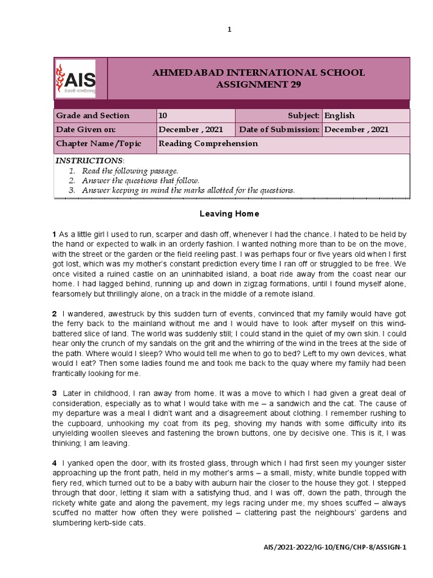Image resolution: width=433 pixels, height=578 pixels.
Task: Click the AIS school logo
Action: pyautogui.click(x=75, y=78)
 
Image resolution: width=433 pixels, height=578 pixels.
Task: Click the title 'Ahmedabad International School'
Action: pyautogui.click(x=259, y=73)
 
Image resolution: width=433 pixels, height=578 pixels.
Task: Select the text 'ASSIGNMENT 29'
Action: pyautogui.click(x=259, y=85)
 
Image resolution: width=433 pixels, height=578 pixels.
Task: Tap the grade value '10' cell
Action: pyautogui.click(x=163, y=116)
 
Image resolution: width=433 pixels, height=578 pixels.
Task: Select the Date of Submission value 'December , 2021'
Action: pyautogui.click(x=356, y=129)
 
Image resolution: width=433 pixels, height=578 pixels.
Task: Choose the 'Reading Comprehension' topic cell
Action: pyautogui.click(x=208, y=143)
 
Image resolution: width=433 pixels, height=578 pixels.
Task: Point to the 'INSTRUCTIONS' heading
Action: pyautogui.click(x=89, y=161)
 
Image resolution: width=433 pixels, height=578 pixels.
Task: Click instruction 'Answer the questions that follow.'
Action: pyautogui.click(x=140, y=181)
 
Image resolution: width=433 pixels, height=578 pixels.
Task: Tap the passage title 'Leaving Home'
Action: pyautogui.click(x=229, y=214)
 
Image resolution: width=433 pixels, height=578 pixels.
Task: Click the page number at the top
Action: pyautogui.click(x=229, y=30)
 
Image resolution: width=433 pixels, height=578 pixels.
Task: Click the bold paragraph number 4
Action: pyautogui.click(x=55, y=463)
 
